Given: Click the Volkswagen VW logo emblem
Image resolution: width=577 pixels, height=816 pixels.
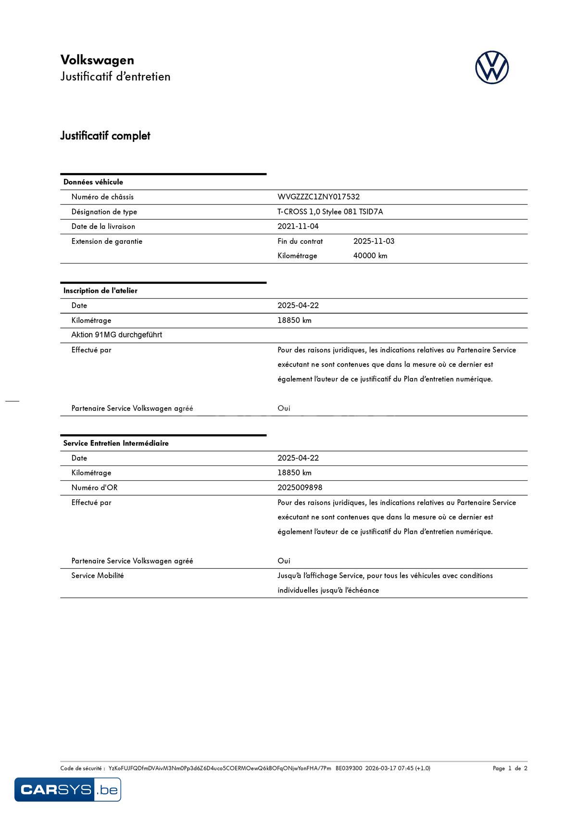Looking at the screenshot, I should [492, 68].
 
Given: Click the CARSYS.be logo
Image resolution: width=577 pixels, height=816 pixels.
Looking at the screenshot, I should [68, 790].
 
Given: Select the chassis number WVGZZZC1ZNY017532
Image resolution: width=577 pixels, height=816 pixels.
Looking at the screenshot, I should [318, 197].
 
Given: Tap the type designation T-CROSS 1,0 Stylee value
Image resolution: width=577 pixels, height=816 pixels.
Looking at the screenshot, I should [330, 212].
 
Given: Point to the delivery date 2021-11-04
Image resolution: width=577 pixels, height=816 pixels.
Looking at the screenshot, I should [298, 226].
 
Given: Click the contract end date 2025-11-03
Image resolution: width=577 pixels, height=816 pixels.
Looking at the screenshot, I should [374, 241].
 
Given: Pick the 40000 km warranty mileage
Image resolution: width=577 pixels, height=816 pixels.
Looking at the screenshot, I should [370, 256].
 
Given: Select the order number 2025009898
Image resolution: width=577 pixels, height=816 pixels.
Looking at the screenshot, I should [300, 488].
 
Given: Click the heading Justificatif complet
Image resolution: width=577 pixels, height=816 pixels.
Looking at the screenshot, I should [105, 136].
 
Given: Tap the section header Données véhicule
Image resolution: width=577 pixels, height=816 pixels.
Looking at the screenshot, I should [93, 182].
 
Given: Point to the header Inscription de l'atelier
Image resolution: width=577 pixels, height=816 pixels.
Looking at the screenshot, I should [100, 291].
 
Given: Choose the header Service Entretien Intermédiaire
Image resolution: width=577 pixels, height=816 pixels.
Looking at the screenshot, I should [116, 443].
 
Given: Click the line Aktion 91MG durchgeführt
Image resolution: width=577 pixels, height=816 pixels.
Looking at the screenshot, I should [116, 335].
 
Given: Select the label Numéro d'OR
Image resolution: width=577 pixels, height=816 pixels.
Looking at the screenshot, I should [94, 488].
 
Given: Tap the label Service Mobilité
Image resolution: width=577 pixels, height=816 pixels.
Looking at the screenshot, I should [97, 576].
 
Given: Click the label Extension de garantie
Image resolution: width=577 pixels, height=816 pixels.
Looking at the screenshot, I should [107, 241].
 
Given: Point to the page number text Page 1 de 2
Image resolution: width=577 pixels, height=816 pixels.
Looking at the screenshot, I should [510, 768].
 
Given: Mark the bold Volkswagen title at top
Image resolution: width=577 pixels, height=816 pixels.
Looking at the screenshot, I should [97, 60].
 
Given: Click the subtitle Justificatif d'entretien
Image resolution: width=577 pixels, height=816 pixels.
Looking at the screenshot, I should [115, 76].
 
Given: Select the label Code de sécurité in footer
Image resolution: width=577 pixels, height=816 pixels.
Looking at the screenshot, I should [82, 768].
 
